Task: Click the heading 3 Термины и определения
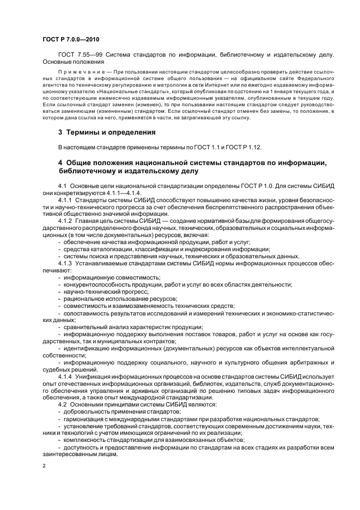tap(107, 132)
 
